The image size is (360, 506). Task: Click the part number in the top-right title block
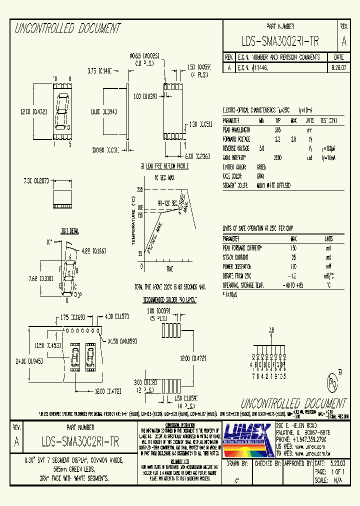[x=280, y=41]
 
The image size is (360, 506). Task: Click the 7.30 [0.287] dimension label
[x=35, y=180]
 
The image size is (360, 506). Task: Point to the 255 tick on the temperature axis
[x=139, y=189]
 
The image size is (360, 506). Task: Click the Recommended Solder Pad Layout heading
[x=170, y=299]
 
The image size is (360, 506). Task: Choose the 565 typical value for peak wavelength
[x=277, y=130]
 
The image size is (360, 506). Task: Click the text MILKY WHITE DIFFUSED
[x=273, y=185]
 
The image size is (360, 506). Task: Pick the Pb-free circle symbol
[x=332, y=381]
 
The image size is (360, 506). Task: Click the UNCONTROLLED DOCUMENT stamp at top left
[x=67, y=28]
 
